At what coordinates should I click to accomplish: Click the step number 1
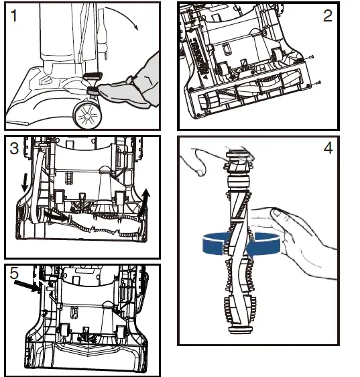14,16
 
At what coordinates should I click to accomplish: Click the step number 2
328,16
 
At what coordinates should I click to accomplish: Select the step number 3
14,148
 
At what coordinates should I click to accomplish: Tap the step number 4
328,148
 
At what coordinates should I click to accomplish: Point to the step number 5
14,274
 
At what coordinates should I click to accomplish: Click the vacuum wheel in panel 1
87,115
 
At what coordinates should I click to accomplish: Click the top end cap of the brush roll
238,153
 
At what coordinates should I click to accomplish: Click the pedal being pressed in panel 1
93,91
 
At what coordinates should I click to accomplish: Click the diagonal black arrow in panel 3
56,215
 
